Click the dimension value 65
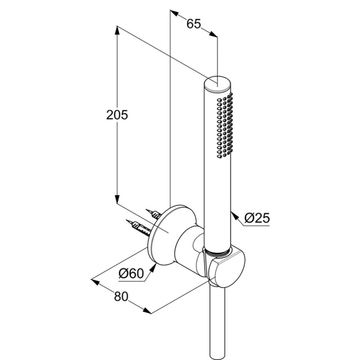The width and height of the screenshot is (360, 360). (193, 24)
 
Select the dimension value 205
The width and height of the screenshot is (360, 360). (117, 114)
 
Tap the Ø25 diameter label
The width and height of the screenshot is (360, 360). (257, 218)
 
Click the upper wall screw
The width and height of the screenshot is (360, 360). (154, 212)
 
